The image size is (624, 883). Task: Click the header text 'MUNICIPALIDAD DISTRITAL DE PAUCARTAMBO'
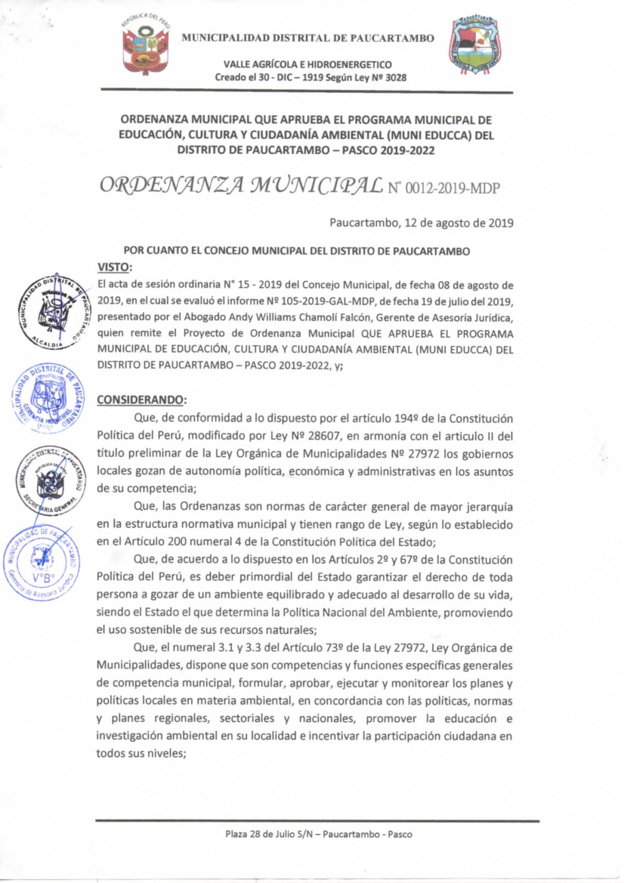coord(308,38)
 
